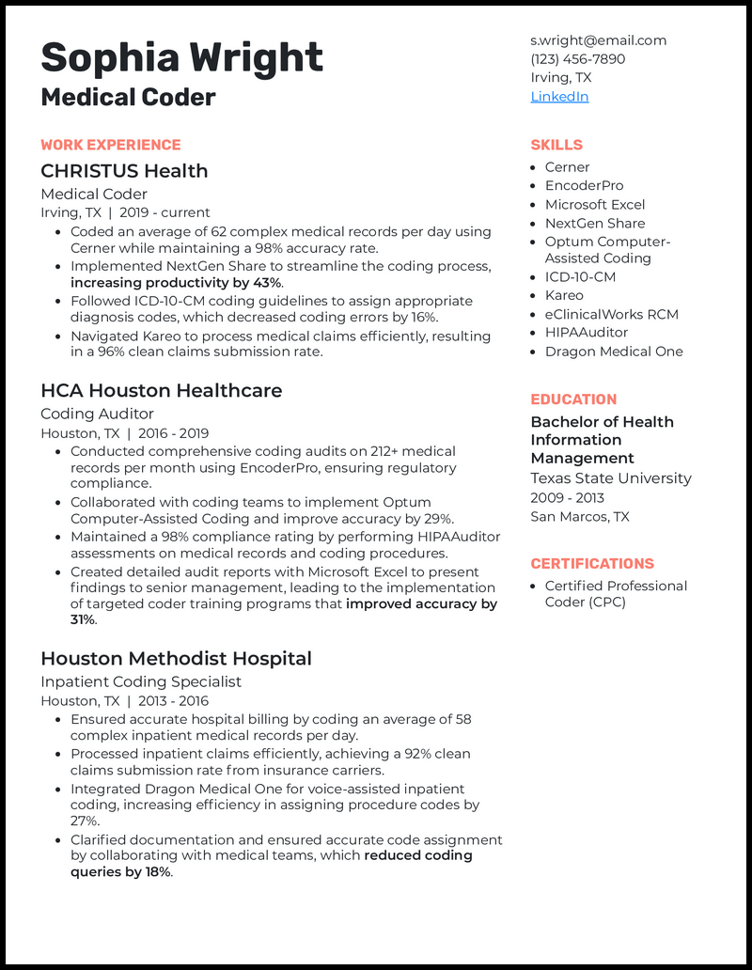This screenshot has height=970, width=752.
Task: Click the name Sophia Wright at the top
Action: click(x=181, y=58)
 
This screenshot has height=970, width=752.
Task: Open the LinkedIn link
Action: click(x=559, y=97)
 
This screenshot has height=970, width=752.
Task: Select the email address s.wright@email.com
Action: click(x=598, y=40)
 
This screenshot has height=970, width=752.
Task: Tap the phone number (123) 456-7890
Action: click(x=577, y=59)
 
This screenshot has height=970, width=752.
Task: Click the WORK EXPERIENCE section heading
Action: click(x=110, y=145)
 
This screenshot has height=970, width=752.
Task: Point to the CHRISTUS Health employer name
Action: click(x=124, y=171)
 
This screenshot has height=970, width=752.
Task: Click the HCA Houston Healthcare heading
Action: click(x=161, y=390)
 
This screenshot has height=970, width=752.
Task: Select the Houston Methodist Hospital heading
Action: click(x=176, y=658)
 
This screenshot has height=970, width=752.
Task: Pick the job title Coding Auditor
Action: click(x=97, y=414)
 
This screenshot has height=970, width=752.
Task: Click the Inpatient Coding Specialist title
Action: click(x=141, y=681)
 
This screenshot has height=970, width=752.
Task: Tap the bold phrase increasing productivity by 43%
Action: click(x=176, y=282)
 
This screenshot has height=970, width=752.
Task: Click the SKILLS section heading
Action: click(x=556, y=145)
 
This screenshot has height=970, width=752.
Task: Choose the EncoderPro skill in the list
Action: click(x=584, y=185)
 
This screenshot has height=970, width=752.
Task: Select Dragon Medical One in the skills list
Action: click(x=614, y=352)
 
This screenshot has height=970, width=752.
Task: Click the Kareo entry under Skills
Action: click(x=564, y=295)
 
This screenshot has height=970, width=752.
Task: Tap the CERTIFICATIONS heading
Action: click(x=591, y=564)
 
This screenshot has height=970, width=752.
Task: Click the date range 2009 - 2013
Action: click(x=567, y=497)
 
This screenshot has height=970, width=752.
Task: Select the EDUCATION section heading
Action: click(x=573, y=399)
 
